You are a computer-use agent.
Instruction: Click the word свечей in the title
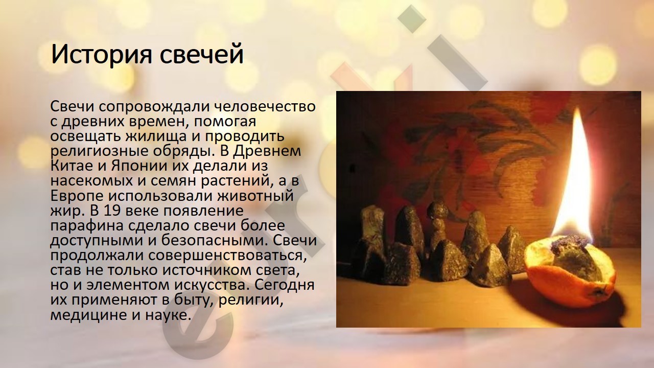[201, 54]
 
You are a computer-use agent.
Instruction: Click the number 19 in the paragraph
[112, 211]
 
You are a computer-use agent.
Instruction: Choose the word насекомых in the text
[89, 181]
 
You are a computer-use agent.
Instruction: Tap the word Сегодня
[285, 285]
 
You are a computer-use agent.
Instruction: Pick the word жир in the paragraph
[65, 211]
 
